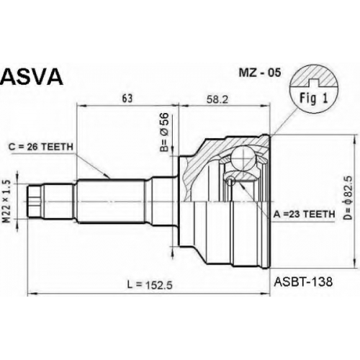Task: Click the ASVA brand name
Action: click(x=32, y=76)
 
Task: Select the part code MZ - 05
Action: click(x=259, y=73)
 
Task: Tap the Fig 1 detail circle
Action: click(x=314, y=89)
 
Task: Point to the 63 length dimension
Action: click(x=127, y=99)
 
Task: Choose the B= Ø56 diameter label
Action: click(x=165, y=132)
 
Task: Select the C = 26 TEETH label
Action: click(x=41, y=147)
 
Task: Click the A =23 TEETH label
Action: click(x=304, y=214)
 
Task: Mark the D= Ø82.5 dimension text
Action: click(x=348, y=197)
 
